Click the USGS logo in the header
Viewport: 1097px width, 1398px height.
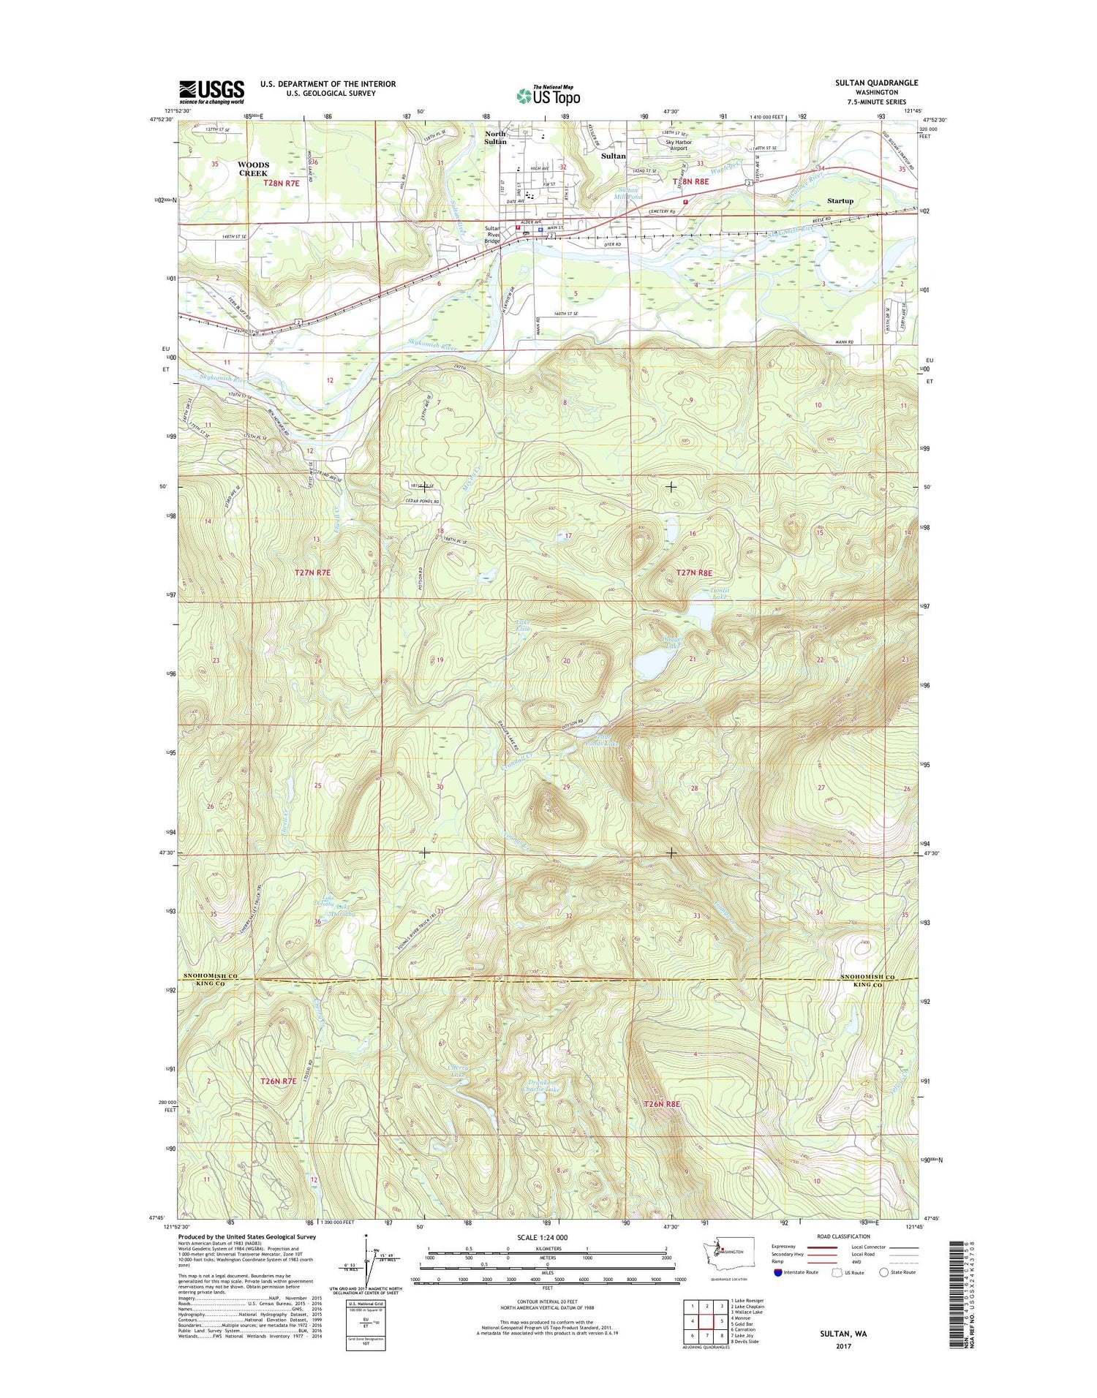211,92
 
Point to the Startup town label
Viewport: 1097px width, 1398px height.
840,200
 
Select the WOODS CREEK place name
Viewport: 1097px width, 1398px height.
253,169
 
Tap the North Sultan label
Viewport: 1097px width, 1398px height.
495,137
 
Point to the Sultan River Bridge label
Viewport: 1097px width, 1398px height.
492,235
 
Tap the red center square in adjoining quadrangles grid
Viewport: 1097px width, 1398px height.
706,1321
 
